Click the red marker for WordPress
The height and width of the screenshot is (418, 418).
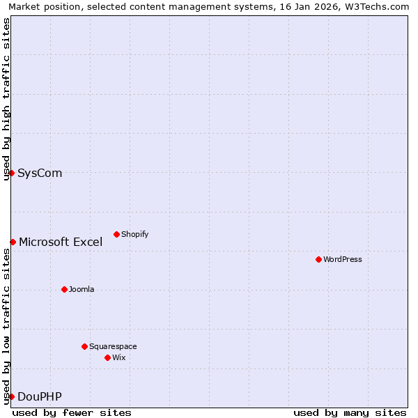318,259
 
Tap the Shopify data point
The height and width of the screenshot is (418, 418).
116,234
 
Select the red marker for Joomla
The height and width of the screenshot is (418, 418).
64,289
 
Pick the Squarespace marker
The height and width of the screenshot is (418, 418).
84,346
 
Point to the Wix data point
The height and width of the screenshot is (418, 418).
107,357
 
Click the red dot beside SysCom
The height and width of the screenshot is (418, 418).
12,173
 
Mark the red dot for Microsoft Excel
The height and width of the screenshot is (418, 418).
13,242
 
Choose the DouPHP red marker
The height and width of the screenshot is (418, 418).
12,396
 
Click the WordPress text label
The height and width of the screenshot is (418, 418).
343,259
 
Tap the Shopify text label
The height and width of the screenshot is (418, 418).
134,234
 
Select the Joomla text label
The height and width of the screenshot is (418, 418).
82,289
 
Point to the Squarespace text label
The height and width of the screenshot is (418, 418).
113,346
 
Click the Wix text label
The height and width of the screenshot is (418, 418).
119,357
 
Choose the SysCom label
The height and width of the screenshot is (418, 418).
40,173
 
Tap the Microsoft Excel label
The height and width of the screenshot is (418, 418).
61,242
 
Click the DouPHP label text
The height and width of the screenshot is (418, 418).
40,396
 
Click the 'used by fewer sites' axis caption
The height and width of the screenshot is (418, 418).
72,412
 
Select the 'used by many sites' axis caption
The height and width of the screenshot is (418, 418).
350,412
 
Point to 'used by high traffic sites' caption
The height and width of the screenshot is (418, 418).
6,99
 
